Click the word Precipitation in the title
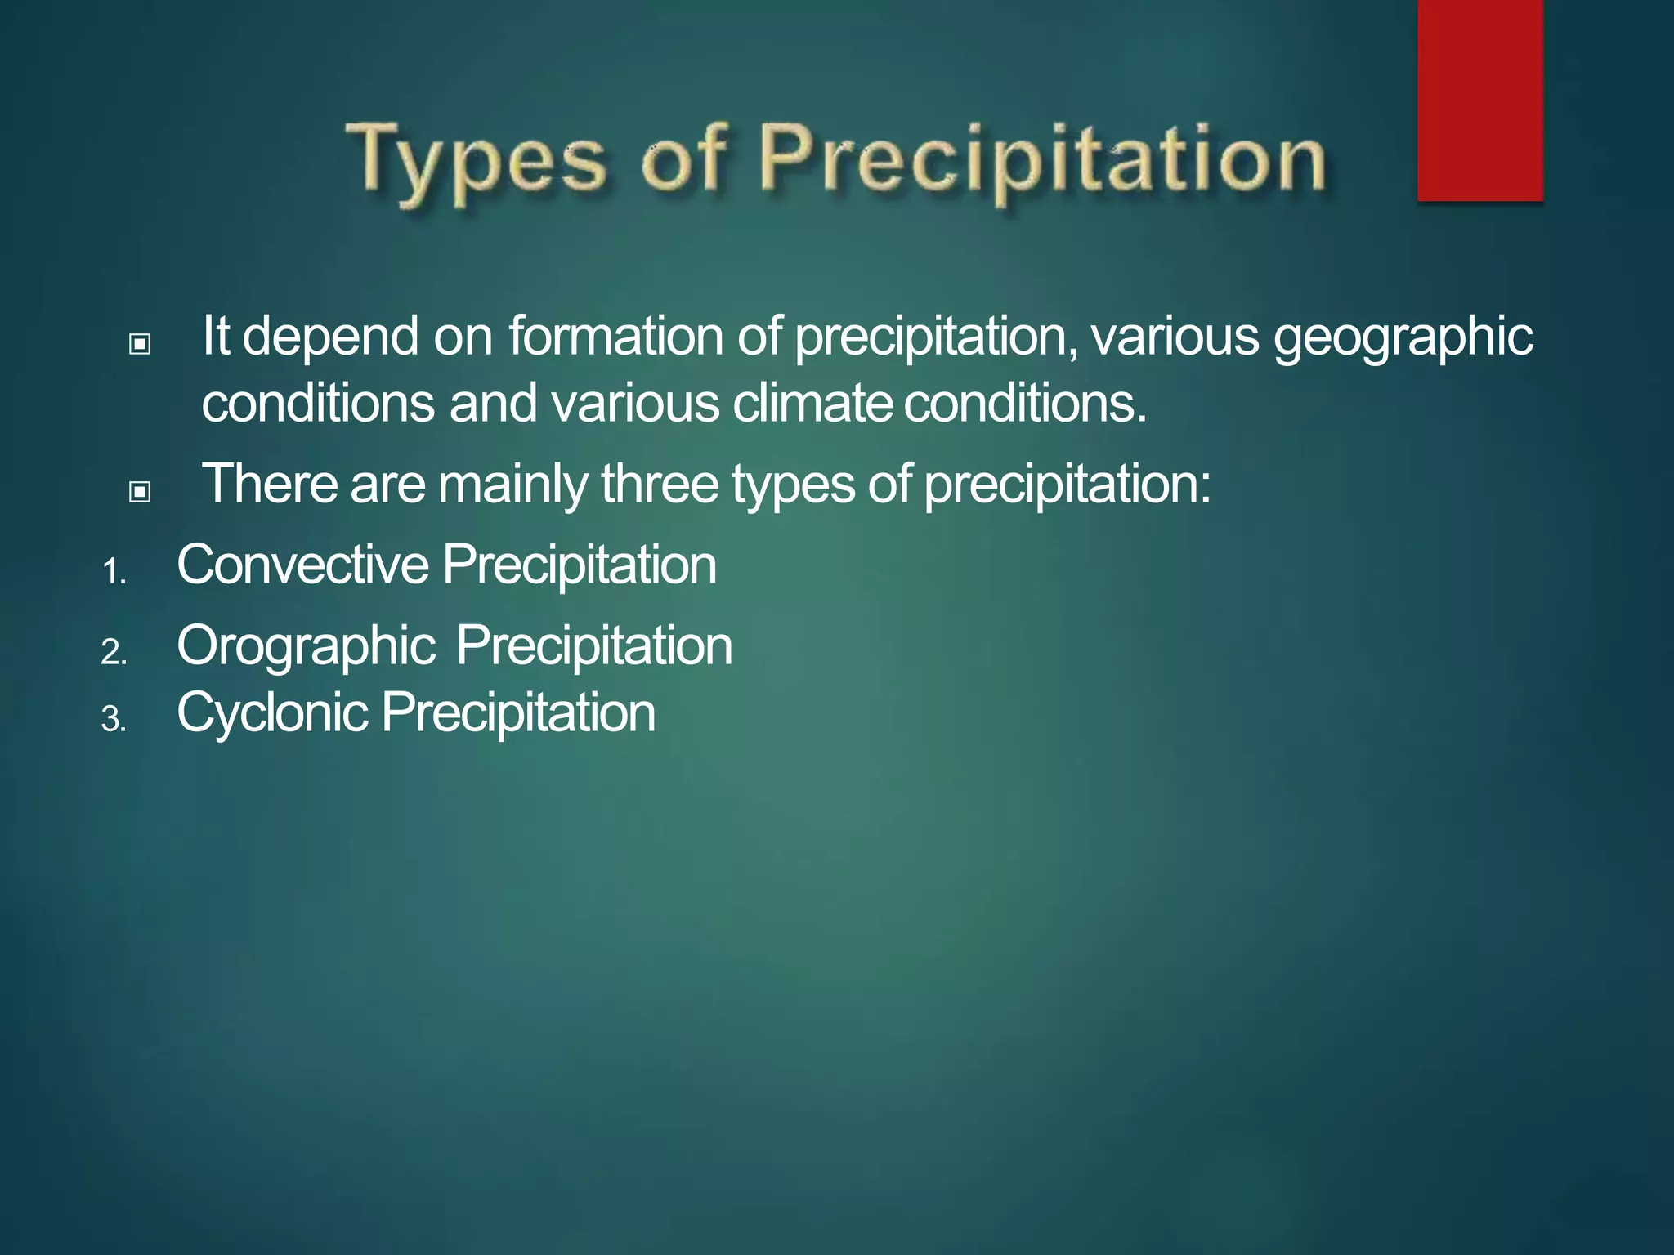[1042, 159]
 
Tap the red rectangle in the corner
[1479, 100]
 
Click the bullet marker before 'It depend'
[140, 344]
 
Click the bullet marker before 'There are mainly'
[140, 491]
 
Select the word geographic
[1403, 337]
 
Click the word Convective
[302, 565]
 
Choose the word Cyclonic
[272, 713]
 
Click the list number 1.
[114, 572]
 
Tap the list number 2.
[114, 653]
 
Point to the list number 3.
[114, 720]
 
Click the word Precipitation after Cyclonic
[518, 712]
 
